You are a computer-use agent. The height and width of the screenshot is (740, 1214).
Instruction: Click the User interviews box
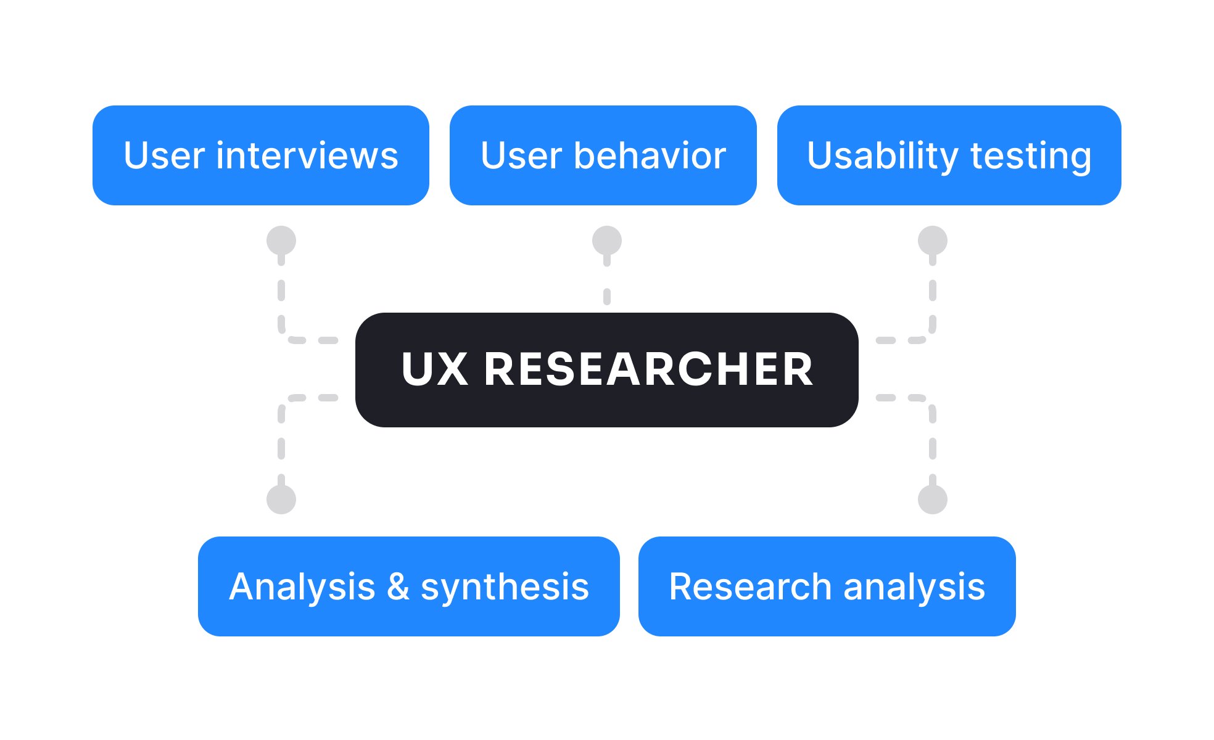point(260,155)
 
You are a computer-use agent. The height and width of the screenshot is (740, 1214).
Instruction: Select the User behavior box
point(603,155)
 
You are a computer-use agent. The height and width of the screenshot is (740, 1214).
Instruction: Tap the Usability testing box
point(949,155)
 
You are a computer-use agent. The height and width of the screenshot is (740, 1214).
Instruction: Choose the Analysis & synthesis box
point(408,586)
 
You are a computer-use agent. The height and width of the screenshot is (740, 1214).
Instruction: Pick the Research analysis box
point(827,586)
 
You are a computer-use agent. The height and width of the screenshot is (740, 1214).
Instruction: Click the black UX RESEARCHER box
point(606,370)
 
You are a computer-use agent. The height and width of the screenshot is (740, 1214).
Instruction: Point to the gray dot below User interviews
point(281,240)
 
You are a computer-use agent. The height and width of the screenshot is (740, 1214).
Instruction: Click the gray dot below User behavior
point(607,240)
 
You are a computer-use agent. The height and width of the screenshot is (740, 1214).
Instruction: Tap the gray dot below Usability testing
point(932,240)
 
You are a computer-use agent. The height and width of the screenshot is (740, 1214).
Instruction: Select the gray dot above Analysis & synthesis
point(281,499)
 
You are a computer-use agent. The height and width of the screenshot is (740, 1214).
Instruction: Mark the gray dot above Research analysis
point(932,499)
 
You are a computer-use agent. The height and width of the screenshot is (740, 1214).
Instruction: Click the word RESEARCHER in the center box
point(649,370)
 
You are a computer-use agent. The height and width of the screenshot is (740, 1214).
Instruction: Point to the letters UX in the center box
point(434,370)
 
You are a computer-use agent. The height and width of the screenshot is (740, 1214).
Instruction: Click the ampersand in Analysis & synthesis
point(398,586)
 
